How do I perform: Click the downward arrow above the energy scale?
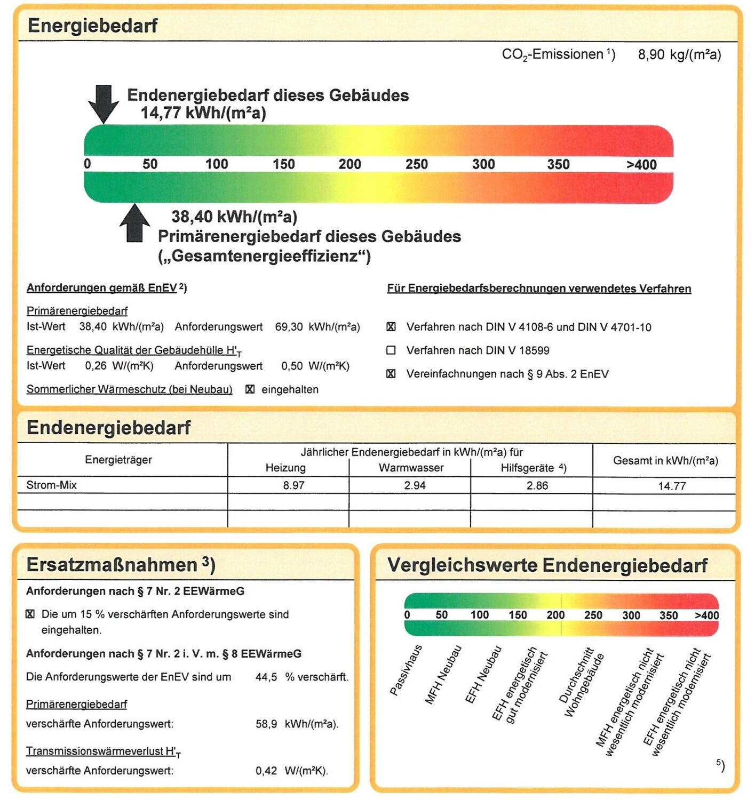104,103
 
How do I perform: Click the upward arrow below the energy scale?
134,224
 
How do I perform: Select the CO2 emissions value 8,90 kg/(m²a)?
679,54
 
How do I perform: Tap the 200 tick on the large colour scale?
349,164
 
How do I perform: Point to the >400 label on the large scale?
641,165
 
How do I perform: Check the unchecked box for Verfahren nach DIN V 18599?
391,350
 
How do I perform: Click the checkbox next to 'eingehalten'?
250,389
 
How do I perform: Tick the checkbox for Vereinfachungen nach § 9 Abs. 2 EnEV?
391,374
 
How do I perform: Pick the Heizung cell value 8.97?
293,485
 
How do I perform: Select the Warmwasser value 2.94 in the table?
415,485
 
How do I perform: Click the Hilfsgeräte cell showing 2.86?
537,485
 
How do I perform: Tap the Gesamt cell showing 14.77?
672,486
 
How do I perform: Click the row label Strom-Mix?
52,485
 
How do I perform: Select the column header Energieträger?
118,460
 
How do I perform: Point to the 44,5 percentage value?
266,677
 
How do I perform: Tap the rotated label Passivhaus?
406,670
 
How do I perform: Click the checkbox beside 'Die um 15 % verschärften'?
30,614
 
